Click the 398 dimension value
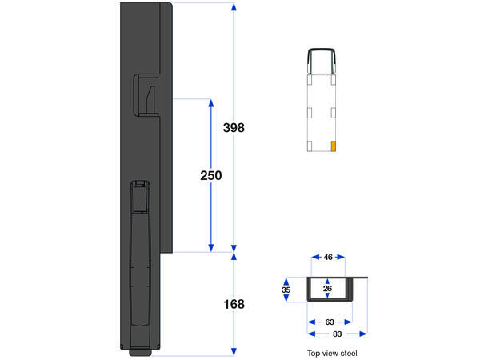click(x=233, y=128)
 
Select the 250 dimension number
click(x=210, y=175)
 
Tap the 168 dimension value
click(x=233, y=304)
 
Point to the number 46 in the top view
click(x=327, y=257)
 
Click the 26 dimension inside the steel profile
click(x=328, y=287)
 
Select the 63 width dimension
click(x=329, y=322)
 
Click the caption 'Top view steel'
click(x=332, y=353)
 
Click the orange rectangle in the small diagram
click(x=333, y=146)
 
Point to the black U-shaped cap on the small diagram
click(x=322, y=56)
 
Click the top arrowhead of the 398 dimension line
click(x=233, y=7)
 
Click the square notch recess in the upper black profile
click(x=146, y=95)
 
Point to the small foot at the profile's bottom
click(x=142, y=351)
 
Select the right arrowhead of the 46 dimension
click(x=342, y=257)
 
